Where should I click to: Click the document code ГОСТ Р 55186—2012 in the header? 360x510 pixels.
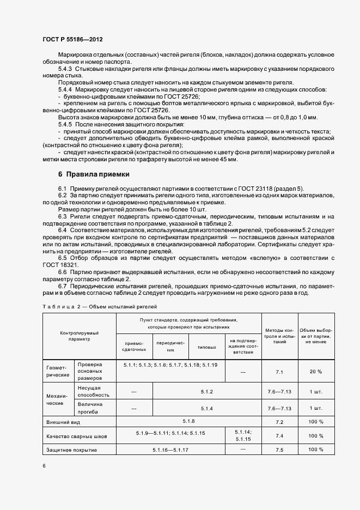click(x=72, y=40)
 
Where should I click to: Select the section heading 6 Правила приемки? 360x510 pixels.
click(x=94, y=174)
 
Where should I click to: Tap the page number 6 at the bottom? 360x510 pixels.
click(x=44, y=466)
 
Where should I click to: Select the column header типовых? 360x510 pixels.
click(x=206, y=347)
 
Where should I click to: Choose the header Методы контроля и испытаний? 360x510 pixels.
click(x=279, y=337)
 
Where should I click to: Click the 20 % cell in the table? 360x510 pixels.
click(x=315, y=371)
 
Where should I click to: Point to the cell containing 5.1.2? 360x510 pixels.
click(x=206, y=392)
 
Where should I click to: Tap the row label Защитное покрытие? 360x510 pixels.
click(x=72, y=450)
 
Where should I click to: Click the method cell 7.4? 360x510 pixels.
click(x=280, y=435)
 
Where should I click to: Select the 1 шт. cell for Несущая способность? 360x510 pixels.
click(x=315, y=392)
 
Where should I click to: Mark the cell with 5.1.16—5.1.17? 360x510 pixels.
click(x=170, y=450)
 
